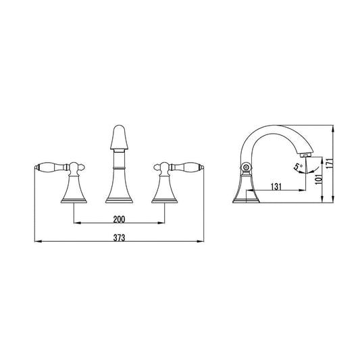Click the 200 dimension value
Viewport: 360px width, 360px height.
point(119,220)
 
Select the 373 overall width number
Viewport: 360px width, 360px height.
point(119,238)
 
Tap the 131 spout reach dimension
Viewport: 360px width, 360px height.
point(276,186)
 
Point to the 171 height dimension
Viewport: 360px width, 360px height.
point(330,163)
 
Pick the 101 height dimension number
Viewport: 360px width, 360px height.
point(319,179)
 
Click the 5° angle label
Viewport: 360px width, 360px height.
point(299,166)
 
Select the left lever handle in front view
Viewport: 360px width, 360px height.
point(51,167)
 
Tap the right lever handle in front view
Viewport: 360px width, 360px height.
point(186,167)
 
